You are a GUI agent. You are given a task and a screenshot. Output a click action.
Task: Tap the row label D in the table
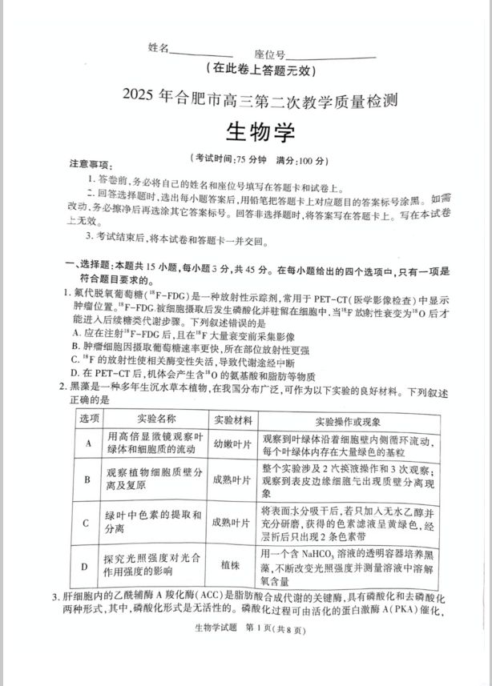(84, 566)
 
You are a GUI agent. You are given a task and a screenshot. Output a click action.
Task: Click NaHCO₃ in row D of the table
(320, 555)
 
